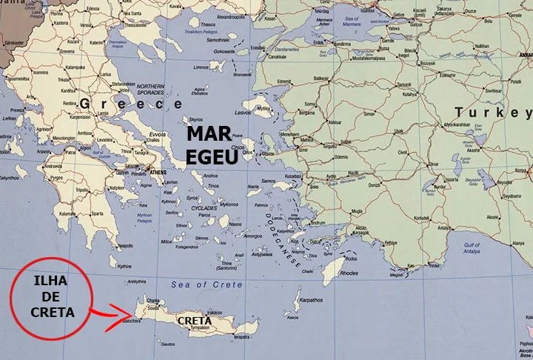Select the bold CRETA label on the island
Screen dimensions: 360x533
(193, 320)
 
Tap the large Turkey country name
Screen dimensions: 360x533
(493, 113)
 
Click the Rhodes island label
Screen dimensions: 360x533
(348, 273)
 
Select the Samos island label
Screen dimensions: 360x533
(269, 181)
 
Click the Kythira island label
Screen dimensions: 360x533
(124, 266)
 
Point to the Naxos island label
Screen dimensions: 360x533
(235, 224)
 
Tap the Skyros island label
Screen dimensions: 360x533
(195, 119)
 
